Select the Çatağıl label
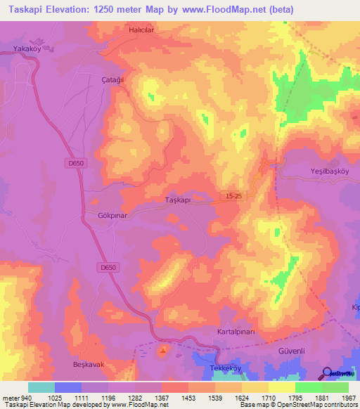112,80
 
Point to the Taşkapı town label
178,200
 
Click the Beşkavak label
89,364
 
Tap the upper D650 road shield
77,164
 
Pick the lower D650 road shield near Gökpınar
107,267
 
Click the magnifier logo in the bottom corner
327,372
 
